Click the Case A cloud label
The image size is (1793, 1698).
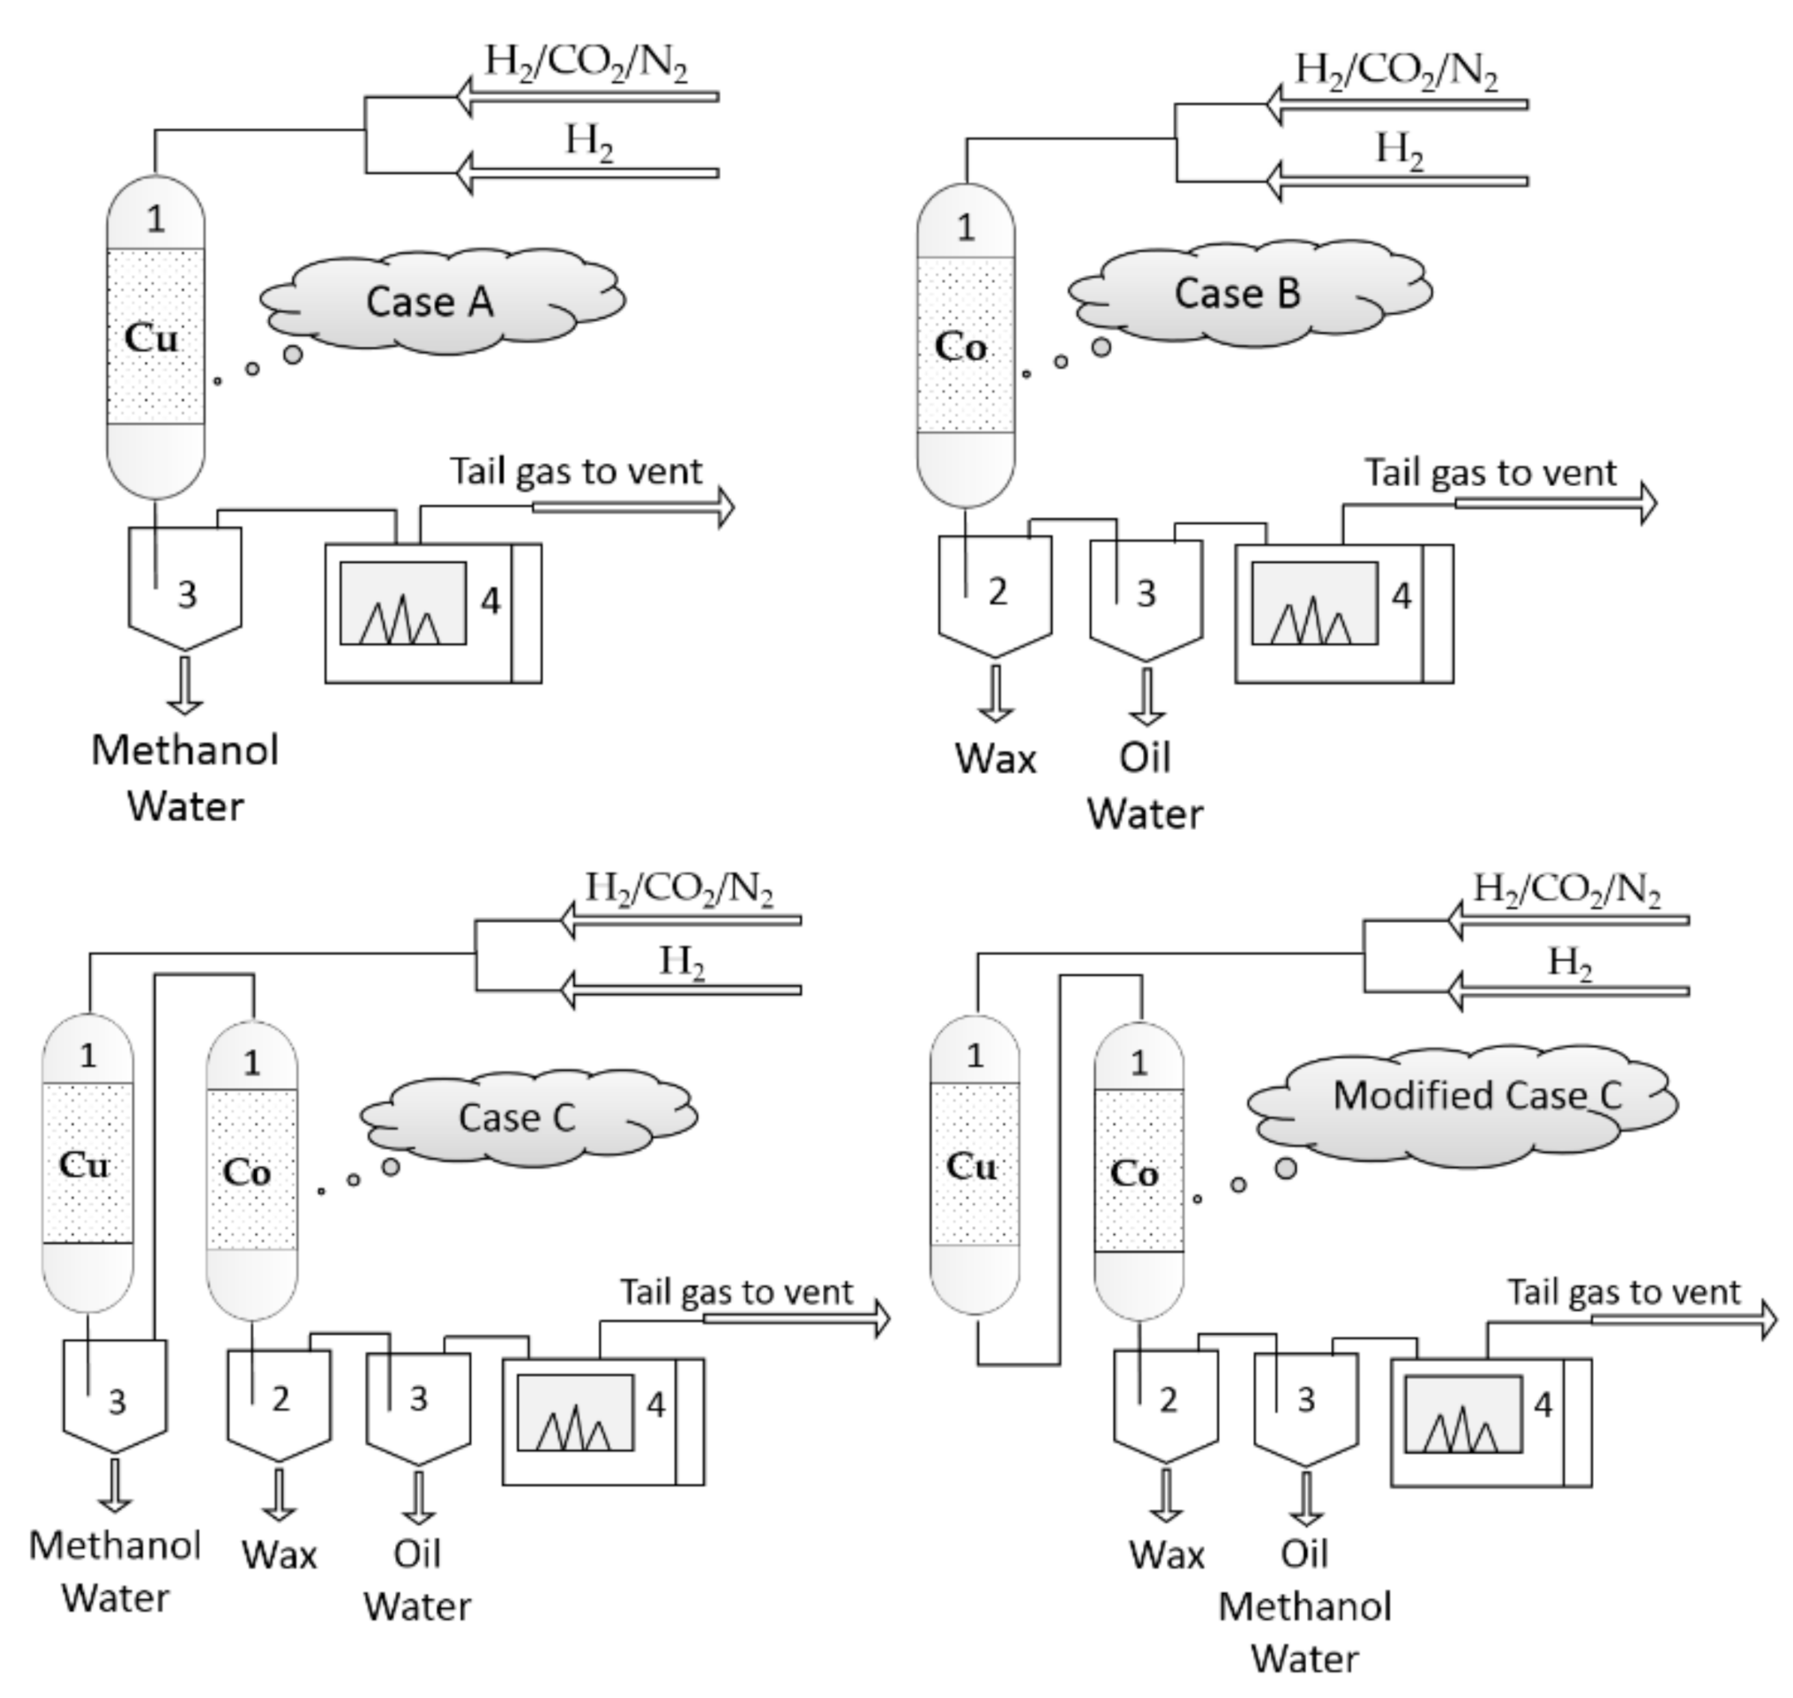tap(430, 302)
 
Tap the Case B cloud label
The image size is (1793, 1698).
tap(1237, 292)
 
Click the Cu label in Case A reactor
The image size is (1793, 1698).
tap(151, 339)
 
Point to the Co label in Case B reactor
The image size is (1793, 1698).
tap(960, 347)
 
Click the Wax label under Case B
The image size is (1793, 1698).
tap(996, 759)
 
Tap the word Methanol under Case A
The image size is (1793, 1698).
tap(185, 751)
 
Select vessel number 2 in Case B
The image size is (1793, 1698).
tap(996, 593)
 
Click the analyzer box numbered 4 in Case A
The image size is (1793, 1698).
tap(433, 612)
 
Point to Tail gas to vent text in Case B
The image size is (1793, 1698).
tap(1490, 473)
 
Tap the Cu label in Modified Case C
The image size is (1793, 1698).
tap(971, 1167)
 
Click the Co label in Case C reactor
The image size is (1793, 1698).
tap(246, 1173)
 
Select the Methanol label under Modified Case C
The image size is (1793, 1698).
tap(1304, 1606)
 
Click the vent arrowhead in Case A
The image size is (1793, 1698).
tap(725, 507)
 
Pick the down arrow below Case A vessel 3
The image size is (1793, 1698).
tap(185, 686)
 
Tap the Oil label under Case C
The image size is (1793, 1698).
tap(417, 1554)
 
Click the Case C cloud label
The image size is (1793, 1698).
tap(517, 1117)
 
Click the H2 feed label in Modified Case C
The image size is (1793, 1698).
tap(1570, 961)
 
